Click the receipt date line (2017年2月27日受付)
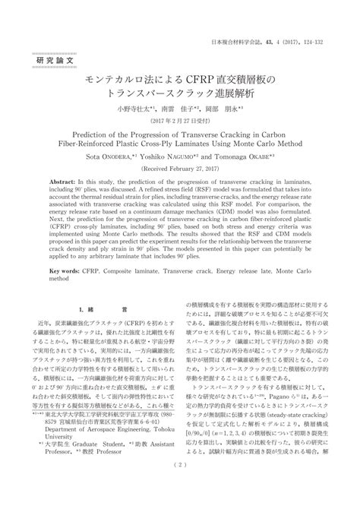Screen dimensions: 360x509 coord(180,122)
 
